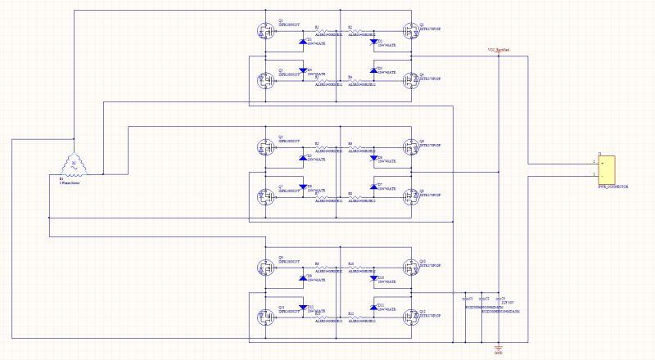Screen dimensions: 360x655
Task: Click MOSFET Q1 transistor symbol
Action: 264,32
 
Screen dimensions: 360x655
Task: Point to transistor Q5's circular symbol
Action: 264,148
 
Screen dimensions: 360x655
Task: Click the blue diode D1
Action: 303,41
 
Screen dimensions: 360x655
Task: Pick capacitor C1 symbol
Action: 467,300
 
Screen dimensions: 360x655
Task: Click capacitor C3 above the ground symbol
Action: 498,300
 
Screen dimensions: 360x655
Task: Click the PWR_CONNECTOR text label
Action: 613,187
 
